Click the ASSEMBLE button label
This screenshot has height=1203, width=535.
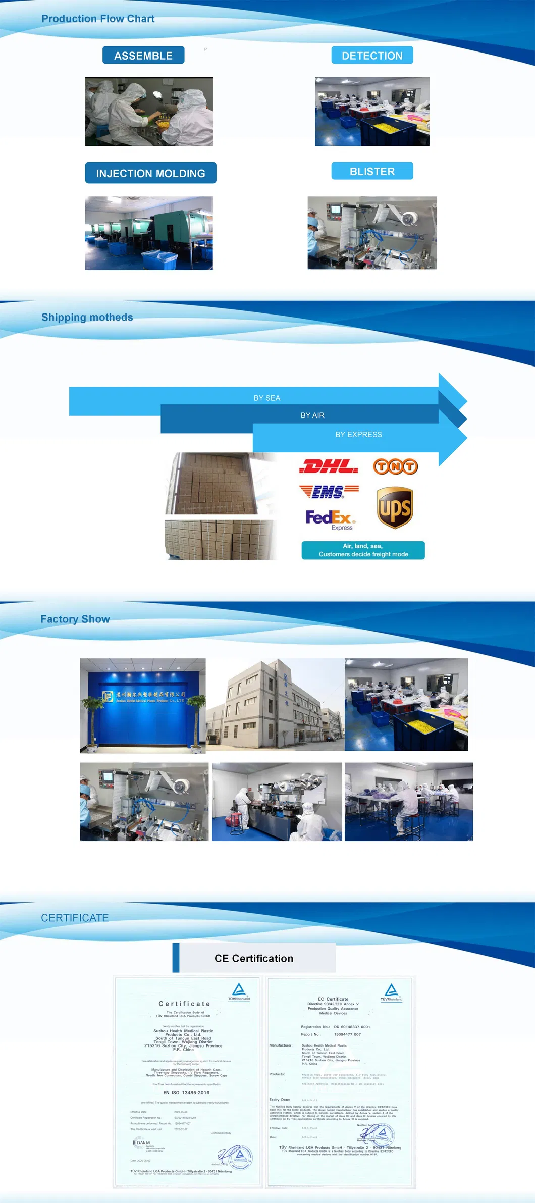(143, 56)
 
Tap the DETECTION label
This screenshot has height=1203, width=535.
(372, 56)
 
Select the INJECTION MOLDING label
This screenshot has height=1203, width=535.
(150, 173)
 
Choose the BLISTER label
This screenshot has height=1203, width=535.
(372, 171)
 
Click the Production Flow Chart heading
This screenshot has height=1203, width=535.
(98, 19)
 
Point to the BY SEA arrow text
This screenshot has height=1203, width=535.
(267, 398)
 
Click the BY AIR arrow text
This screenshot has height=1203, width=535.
(312, 415)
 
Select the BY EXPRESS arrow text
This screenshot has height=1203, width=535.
(358, 434)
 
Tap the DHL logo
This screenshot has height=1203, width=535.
(329, 466)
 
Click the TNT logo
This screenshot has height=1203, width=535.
(395, 466)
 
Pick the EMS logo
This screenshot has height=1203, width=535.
(329, 491)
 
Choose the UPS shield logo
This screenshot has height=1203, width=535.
(395, 508)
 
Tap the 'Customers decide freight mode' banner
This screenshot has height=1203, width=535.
(363, 550)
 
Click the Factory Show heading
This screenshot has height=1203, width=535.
(75, 619)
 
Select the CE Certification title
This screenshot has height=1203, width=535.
(254, 958)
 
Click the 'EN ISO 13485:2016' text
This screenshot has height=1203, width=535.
(186, 1092)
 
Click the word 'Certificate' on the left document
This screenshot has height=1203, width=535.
(184, 1004)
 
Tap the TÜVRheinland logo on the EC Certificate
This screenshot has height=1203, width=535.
(391, 992)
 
